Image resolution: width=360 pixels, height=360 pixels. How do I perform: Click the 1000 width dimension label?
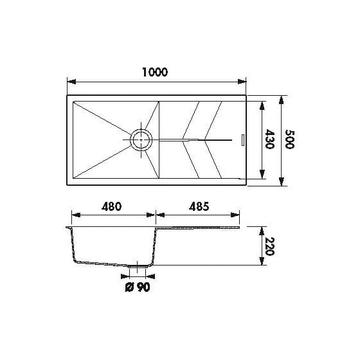click(x=156, y=73)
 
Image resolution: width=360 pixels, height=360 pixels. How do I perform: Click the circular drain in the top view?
click(x=140, y=139)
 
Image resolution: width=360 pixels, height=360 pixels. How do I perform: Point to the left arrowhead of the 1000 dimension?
click(x=71, y=82)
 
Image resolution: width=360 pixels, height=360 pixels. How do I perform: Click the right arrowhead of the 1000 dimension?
click(x=244, y=82)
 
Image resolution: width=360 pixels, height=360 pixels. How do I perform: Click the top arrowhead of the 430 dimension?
click(x=262, y=103)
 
